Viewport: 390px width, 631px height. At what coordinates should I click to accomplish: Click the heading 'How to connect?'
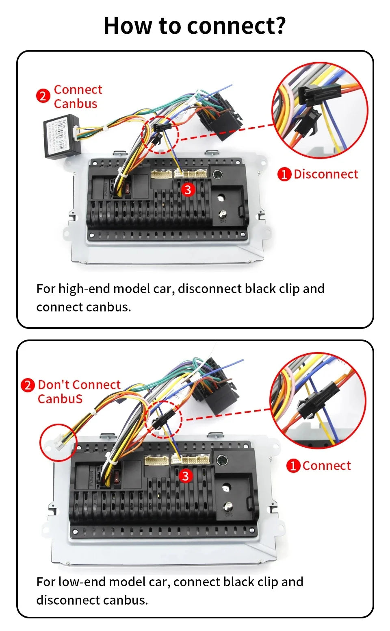pos(195,26)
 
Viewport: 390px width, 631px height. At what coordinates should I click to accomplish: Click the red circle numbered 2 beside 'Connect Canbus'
pos(43,96)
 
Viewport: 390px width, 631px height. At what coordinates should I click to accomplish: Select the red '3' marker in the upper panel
pos(187,189)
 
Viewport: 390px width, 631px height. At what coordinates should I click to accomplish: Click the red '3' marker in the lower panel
pos(185,476)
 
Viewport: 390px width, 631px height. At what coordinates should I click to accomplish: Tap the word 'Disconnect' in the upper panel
pos(326,174)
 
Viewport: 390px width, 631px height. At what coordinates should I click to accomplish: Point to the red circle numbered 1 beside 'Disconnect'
pos(284,174)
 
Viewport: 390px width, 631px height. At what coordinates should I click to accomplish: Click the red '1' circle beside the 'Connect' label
pos(293,466)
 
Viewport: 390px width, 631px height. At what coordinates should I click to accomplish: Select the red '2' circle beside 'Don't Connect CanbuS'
pos(28,385)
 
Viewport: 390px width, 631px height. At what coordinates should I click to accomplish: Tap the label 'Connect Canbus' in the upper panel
pos(78,96)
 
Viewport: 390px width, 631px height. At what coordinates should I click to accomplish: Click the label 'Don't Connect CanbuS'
pos(79,392)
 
